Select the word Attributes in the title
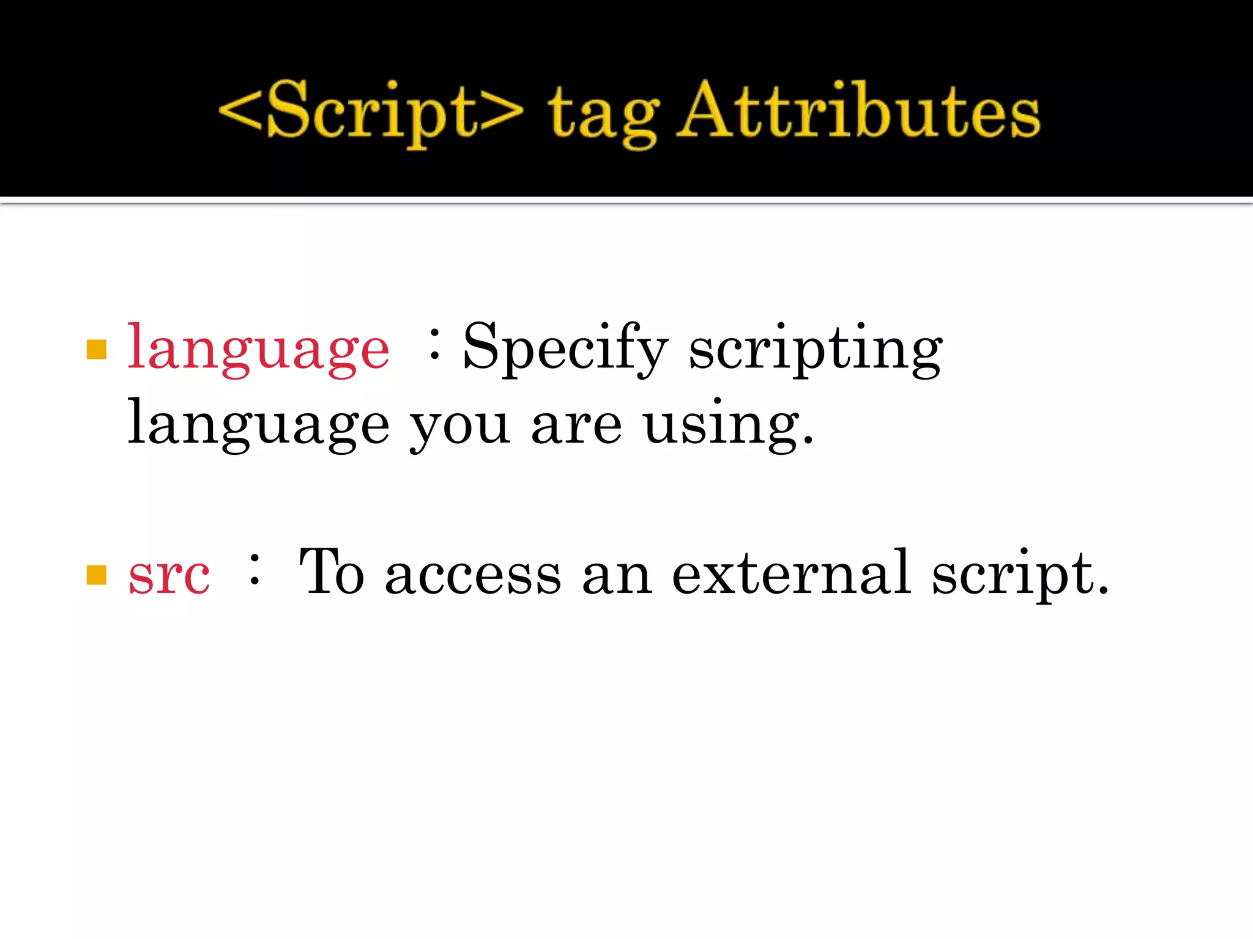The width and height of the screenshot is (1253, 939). click(x=860, y=110)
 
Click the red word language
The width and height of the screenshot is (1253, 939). click(x=258, y=348)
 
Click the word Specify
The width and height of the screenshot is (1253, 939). click(x=565, y=348)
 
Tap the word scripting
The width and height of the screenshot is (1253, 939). click(x=816, y=348)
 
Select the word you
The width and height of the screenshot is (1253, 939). click(x=459, y=425)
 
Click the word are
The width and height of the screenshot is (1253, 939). click(x=576, y=425)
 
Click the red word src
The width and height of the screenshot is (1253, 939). click(x=169, y=575)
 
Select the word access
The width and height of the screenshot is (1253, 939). click(x=473, y=575)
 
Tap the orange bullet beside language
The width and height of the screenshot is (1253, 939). click(x=97, y=350)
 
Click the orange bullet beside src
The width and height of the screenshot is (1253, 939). click(x=97, y=575)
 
